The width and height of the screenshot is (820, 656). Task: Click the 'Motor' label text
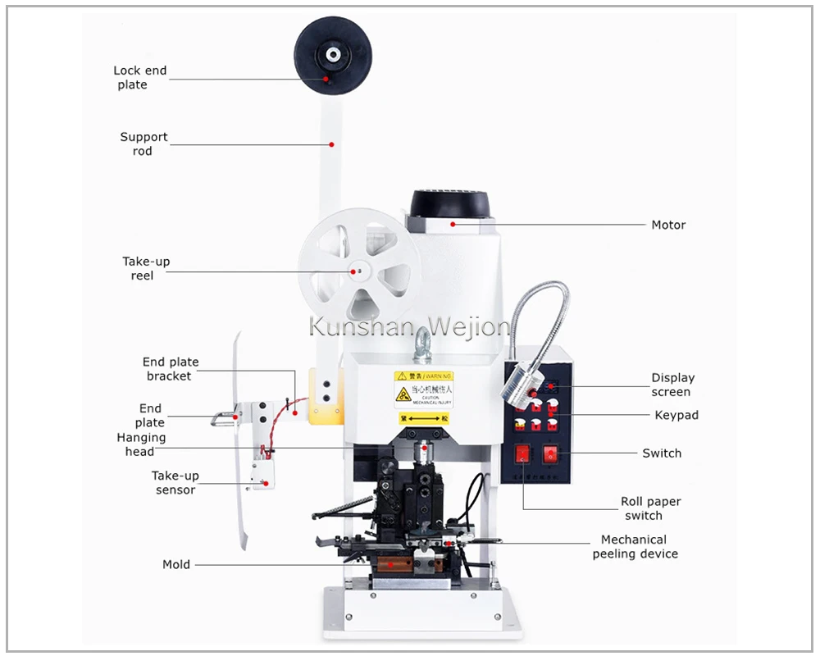point(668,225)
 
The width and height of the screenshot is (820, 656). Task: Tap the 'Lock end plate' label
point(139,78)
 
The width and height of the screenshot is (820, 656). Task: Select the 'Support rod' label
point(143,144)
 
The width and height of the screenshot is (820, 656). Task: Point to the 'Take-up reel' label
point(146,268)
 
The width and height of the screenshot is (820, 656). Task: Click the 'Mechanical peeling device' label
point(635,546)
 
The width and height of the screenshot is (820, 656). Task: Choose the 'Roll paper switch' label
point(650,508)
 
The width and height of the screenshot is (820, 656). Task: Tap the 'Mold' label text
point(175,564)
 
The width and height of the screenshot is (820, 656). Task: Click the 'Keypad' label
point(676,415)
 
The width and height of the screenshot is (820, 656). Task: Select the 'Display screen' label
point(672,385)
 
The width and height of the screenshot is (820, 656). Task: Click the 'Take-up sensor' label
point(175,483)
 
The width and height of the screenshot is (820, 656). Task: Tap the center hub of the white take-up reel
point(357,270)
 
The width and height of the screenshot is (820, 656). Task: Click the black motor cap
point(449,204)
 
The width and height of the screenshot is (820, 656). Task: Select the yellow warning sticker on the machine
point(424,389)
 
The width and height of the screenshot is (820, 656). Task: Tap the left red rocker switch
point(522,453)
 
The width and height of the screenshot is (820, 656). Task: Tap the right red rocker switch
point(550,453)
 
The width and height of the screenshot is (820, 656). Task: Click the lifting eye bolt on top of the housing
point(423,344)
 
